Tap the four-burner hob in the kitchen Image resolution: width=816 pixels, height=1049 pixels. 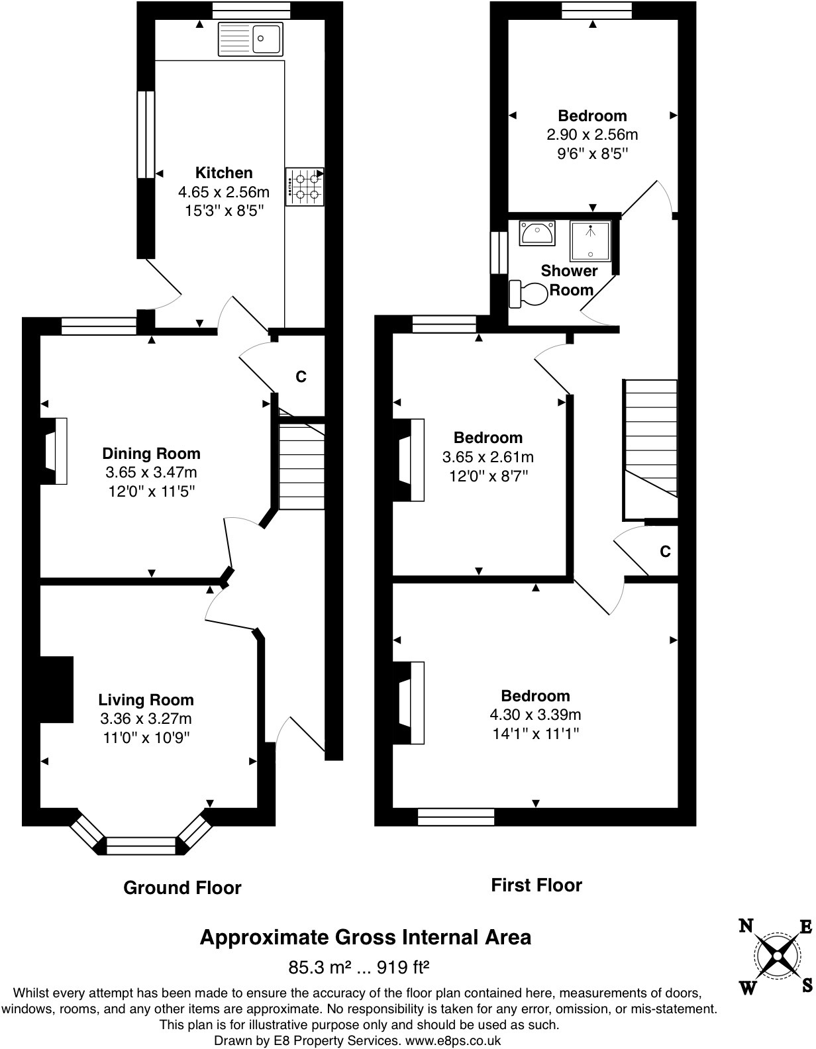(x=305, y=186)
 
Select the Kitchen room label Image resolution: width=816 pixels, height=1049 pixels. (x=224, y=173)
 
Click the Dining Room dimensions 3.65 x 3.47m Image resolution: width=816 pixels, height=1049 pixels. (x=151, y=473)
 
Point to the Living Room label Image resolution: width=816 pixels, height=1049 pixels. (x=146, y=700)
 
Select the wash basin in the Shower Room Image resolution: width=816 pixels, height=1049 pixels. (x=537, y=233)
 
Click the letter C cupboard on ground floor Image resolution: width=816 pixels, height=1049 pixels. (x=301, y=377)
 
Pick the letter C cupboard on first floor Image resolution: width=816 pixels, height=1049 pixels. (x=665, y=552)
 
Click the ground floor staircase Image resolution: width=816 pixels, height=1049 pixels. (x=301, y=467)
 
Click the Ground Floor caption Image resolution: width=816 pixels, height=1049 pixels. (x=182, y=888)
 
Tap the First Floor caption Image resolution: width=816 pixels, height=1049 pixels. (x=536, y=885)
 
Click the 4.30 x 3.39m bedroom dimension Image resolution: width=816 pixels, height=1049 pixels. (x=535, y=715)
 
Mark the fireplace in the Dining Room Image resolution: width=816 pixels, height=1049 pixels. (x=54, y=451)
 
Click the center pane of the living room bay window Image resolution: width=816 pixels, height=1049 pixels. (x=141, y=845)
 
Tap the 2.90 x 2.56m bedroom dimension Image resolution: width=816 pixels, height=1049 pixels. (x=592, y=134)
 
